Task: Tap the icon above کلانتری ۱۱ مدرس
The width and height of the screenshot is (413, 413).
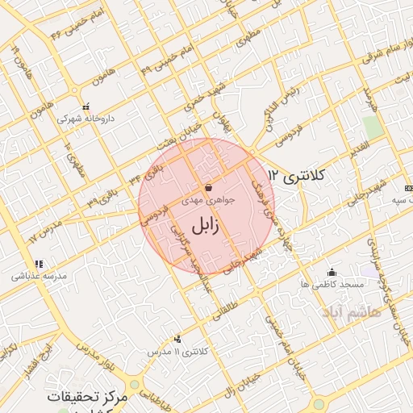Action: tap(177, 340)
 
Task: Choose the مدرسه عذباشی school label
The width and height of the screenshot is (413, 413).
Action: tap(40, 275)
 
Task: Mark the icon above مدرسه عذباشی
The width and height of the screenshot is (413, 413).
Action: tap(37, 263)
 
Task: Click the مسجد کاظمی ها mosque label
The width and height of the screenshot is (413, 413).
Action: tap(332, 284)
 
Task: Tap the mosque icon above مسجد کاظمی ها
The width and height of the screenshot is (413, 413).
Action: tap(332, 272)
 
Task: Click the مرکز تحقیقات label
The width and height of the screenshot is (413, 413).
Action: tap(88, 398)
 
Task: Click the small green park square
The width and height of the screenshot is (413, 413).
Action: tap(371, 127)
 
